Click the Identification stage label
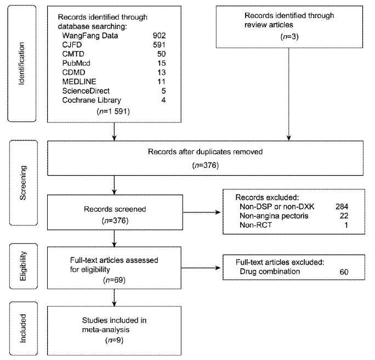pyautogui.click(x=21, y=64)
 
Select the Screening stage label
pyautogui.click(x=23, y=183)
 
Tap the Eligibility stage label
pyautogui.click(x=23, y=266)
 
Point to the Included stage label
pyautogui.click(x=22, y=328)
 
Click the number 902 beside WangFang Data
pyautogui.click(x=160, y=36)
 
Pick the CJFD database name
pyautogui.click(x=72, y=45)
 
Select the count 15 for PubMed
pyautogui.click(x=161, y=63)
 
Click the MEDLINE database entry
pyautogui.click(x=79, y=82)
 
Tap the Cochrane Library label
pyautogui.click(x=92, y=100)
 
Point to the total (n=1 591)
pyautogui.click(x=113, y=111)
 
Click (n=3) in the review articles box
pyautogui.click(x=289, y=36)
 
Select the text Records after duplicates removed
pyautogui.click(x=205, y=152)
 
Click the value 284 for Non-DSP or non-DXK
pyautogui.click(x=342, y=206)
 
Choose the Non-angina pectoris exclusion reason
pyautogui.click(x=274, y=216)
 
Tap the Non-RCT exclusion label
pyautogui.click(x=255, y=225)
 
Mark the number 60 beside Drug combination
pyautogui.click(x=344, y=272)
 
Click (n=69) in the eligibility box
pyautogui.click(x=115, y=280)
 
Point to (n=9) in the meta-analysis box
pyautogui.click(x=115, y=340)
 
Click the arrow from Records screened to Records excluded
pyautogui.click(x=202, y=212)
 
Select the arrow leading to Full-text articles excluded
pyautogui.click(x=201, y=268)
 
